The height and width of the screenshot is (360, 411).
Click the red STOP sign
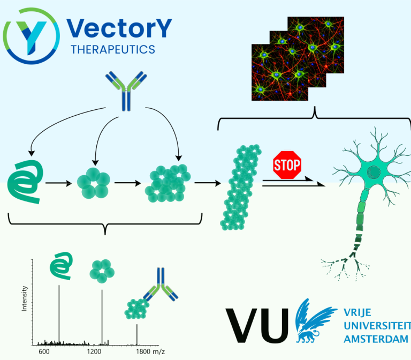click(287, 165)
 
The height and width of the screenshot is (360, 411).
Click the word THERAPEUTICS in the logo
click(113, 50)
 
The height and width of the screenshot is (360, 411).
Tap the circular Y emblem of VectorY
click(32, 36)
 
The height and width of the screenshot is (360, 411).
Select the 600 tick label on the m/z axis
click(44, 351)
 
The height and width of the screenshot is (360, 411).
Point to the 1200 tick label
click(94, 351)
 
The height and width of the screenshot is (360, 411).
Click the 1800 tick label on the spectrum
click(143, 351)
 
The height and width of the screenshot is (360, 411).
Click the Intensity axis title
click(25, 298)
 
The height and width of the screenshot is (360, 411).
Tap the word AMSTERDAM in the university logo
click(376, 339)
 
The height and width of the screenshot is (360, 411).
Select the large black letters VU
click(257, 325)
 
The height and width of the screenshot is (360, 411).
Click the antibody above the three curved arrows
click(126, 91)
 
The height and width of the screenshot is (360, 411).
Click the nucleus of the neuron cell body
click(374, 172)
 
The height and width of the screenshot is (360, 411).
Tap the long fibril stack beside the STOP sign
click(241, 187)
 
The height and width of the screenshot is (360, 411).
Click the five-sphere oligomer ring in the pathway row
click(93, 183)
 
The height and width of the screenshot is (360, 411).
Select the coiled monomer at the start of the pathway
click(25, 182)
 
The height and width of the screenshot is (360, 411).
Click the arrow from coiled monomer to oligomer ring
click(58, 183)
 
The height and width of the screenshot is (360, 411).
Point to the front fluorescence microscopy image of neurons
click(280, 72)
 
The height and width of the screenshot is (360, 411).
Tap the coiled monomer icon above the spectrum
click(61, 266)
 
